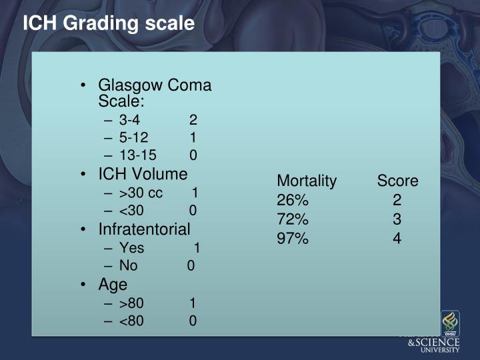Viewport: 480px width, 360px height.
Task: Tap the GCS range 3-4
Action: coord(129,121)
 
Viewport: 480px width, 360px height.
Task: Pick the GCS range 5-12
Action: coord(133,138)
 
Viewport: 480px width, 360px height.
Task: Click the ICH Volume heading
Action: coord(143,174)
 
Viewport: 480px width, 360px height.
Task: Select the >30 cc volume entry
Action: coord(141,193)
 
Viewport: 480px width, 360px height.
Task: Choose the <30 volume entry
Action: coord(131,211)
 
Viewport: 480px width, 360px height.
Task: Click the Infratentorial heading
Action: coord(144,229)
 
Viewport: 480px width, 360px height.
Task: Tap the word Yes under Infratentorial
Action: coord(131,248)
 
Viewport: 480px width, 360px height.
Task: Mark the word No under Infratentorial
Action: coord(128,265)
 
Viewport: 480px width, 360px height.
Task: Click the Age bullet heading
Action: coord(113,284)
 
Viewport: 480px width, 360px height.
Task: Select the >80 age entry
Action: coord(131,303)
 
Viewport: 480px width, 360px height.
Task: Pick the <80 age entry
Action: coord(131,321)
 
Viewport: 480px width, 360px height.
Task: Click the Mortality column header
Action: coord(307,181)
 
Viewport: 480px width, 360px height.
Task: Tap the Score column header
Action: coord(397,181)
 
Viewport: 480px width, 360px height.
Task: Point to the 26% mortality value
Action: coord(293,200)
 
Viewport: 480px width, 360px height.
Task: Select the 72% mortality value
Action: coord(293,219)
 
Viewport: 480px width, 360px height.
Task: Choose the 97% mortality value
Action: coord(293,237)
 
